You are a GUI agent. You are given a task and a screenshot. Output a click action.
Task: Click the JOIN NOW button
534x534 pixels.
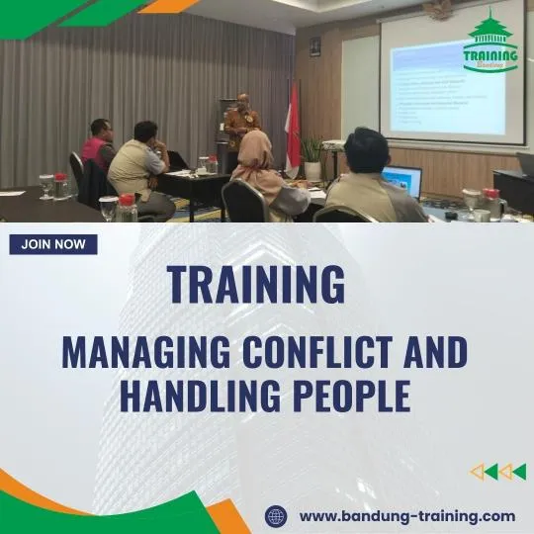(53, 244)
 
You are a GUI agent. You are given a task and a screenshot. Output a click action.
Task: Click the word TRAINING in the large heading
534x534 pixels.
(256, 284)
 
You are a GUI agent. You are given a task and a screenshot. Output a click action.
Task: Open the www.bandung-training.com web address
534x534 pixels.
(406, 515)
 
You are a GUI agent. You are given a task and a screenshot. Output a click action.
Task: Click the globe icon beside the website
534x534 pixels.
(276, 515)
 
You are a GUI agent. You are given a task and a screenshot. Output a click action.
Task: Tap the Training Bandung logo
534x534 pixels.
(490, 44)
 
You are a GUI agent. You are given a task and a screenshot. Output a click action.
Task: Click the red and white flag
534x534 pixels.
(293, 124)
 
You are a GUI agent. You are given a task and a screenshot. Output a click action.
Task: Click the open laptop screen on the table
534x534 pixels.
(400, 180)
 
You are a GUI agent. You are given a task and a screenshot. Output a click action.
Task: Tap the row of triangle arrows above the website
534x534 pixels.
(497, 472)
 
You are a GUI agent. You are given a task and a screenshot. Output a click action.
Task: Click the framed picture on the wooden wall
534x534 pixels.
(314, 46)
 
